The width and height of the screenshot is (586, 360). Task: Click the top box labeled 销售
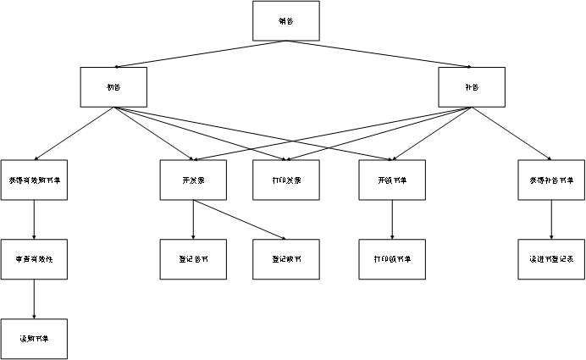pyautogui.click(x=286, y=21)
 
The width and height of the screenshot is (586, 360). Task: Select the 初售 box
pyautogui.click(x=113, y=87)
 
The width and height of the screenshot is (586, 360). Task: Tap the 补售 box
pyautogui.click(x=472, y=87)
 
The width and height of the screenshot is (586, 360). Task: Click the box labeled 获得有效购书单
pyautogui.click(x=34, y=180)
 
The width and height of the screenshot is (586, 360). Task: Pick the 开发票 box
pyautogui.click(x=193, y=180)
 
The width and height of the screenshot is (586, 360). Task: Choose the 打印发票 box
pyautogui.click(x=286, y=180)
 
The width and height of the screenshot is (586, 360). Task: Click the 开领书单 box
pyautogui.click(x=392, y=180)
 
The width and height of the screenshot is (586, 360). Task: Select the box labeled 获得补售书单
pyautogui.click(x=551, y=180)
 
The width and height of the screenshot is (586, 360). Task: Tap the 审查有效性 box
pyautogui.click(x=34, y=259)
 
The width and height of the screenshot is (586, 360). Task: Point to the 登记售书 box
pyautogui.click(x=193, y=259)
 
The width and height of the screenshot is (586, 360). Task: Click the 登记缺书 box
pyautogui.click(x=286, y=259)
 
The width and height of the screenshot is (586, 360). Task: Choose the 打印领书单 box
pyautogui.click(x=392, y=259)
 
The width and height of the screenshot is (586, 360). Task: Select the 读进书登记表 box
pyautogui.click(x=551, y=259)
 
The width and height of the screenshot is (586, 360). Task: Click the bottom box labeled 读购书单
pyautogui.click(x=34, y=339)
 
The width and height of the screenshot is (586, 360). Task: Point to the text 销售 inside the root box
pyautogui.click(x=286, y=22)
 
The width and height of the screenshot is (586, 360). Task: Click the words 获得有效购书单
pyautogui.click(x=34, y=181)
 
